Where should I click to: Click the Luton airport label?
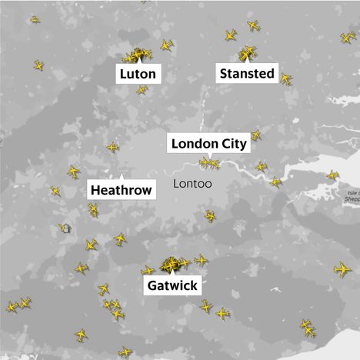click(139, 75)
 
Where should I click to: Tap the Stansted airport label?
click(247, 74)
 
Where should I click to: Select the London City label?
click(208, 143)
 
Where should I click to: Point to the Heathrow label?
click(121, 189)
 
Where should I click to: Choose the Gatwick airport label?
click(172, 286)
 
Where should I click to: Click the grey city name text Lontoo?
click(193, 185)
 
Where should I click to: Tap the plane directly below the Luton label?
click(142, 91)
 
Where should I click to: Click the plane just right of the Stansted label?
click(285, 78)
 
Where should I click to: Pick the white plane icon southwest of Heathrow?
click(65, 228)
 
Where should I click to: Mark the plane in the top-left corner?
click(34, 18)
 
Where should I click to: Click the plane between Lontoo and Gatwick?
click(210, 216)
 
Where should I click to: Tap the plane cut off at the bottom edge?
click(125, 352)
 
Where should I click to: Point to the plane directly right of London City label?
click(256, 135)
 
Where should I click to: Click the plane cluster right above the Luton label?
click(137, 55)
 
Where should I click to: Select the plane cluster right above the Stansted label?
click(247, 53)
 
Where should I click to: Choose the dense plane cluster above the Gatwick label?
click(171, 265)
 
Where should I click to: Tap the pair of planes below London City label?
click(209, 162)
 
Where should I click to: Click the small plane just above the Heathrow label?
click(113, 146)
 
